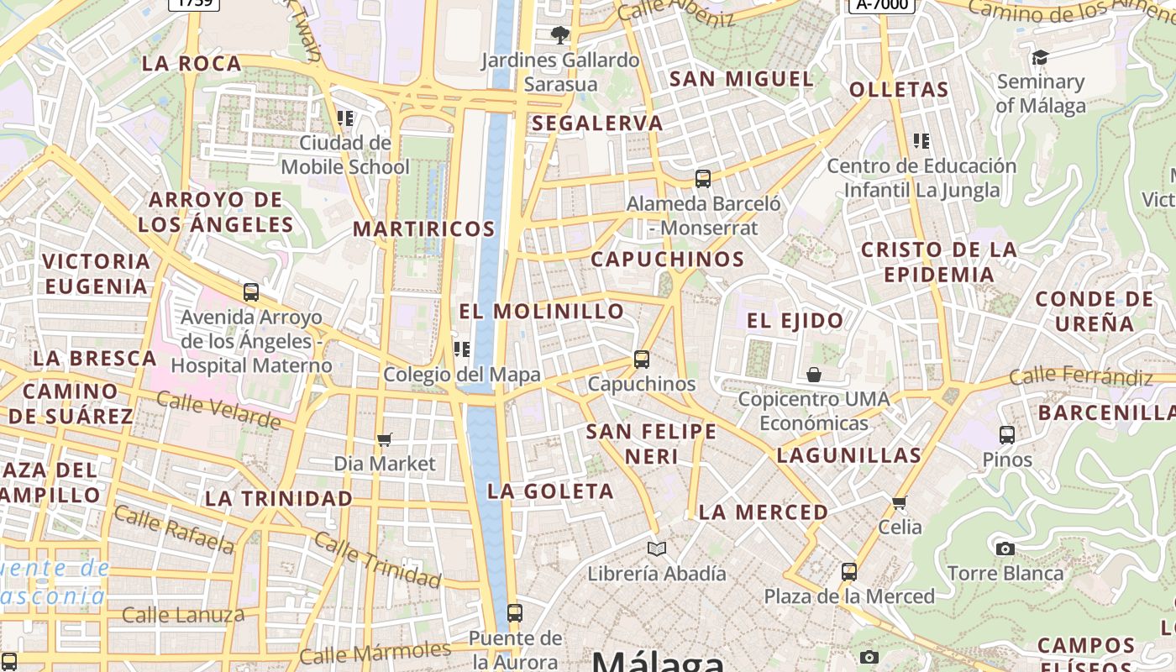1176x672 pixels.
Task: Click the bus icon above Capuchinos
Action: tap(642, 360)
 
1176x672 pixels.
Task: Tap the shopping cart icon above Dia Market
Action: tap(385, 439)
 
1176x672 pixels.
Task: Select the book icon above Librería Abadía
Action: tap(657, 549)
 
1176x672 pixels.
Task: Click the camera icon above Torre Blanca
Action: tap(1005, 549)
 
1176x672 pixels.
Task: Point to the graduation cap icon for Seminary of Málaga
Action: tap(1040, 57)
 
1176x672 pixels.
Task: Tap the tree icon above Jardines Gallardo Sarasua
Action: tap(559, 35)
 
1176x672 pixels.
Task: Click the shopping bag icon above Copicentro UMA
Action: tap(813, 374)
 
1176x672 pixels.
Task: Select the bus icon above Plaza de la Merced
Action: tap(849, 572)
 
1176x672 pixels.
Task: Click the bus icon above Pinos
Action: tap(1007, 435)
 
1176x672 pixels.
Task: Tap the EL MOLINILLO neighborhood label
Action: tap(542, 312)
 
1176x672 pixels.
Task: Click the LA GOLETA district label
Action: tap(550, 491)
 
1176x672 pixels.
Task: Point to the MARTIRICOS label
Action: tap(424, 228)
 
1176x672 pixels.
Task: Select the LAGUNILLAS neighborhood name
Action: tap(849, 456)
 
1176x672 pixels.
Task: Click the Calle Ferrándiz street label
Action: tap(1080, 377)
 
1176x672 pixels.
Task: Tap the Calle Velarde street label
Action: tap(218, 410)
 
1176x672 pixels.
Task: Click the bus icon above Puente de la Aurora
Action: tap(515, 613)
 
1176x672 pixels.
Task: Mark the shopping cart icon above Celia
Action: tap(900, 503)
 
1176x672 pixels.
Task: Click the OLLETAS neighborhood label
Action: tap(899, 90)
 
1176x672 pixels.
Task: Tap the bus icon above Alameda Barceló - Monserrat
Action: tap(703, 179)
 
